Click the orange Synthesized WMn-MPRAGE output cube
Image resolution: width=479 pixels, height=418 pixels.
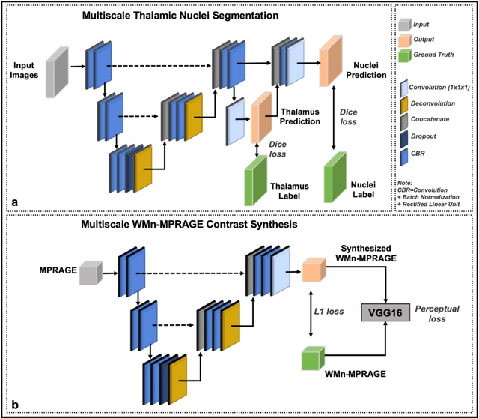click(x=314, y=267)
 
